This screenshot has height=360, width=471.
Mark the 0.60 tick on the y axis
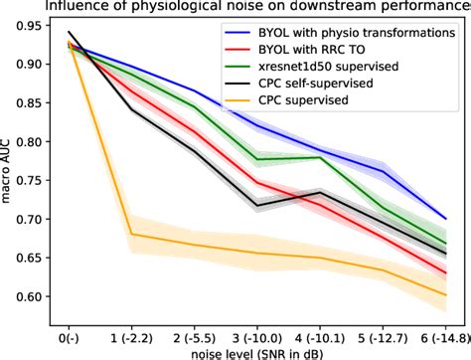click(34, 296)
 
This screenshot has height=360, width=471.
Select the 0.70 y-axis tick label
click(34, 219)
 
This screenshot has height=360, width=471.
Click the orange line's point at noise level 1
click(131, 235)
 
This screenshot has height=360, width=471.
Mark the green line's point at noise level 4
click(319, 157)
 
